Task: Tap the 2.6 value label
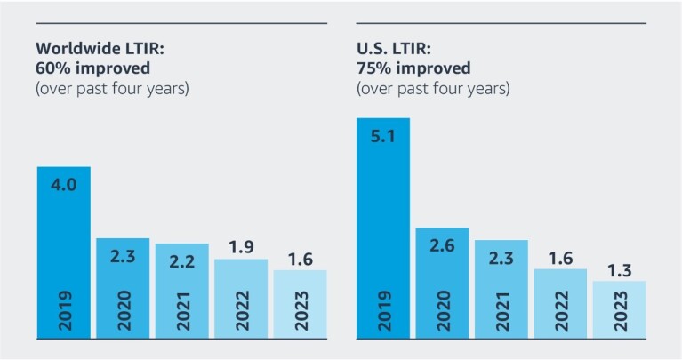click(442, 246)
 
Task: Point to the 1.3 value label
click(619, 268)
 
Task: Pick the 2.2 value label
click(181, 261)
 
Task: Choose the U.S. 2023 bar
click(619, 310)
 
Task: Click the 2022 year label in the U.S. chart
click(560, 312)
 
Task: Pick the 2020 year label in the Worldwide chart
click(123, 312)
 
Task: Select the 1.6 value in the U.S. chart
click(560, 256)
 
